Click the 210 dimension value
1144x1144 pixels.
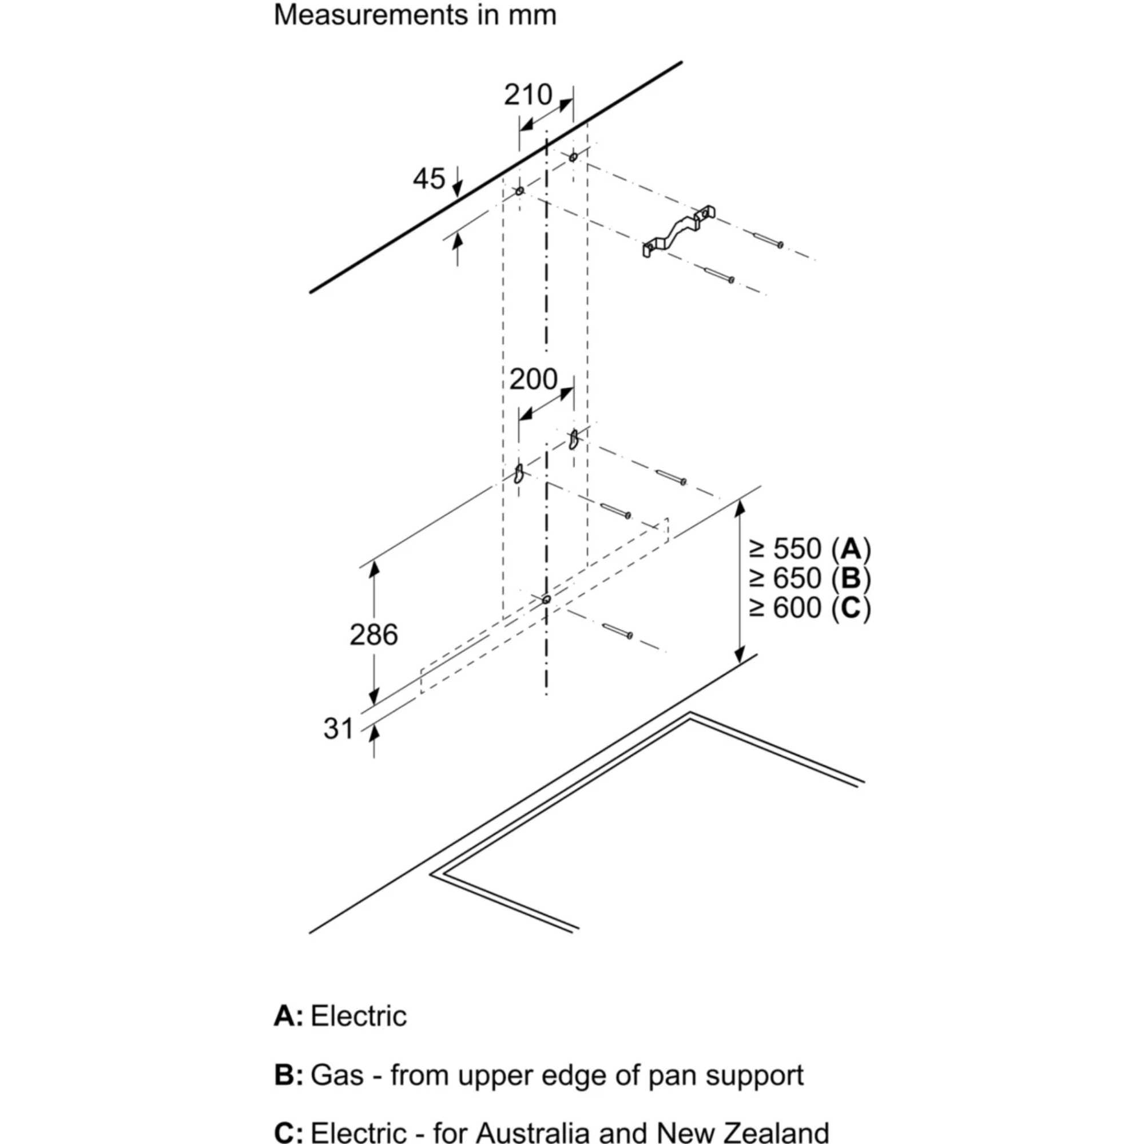pos(527,95)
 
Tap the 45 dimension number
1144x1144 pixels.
pos(428,179)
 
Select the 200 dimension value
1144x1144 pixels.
pos(533,380)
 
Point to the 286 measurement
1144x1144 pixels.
pos(373,635)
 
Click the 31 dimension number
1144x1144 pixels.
pos(338,728)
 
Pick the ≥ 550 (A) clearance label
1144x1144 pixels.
pos(810,549)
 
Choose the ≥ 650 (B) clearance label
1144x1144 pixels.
pos(810,578)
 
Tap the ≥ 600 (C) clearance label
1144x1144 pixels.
pos(810,608)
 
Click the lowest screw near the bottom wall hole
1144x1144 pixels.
pos(617,631)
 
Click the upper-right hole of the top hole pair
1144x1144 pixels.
pos(573,157)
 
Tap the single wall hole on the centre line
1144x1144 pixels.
pos(546,599)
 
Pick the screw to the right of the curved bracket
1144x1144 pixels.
pos(768,239)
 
